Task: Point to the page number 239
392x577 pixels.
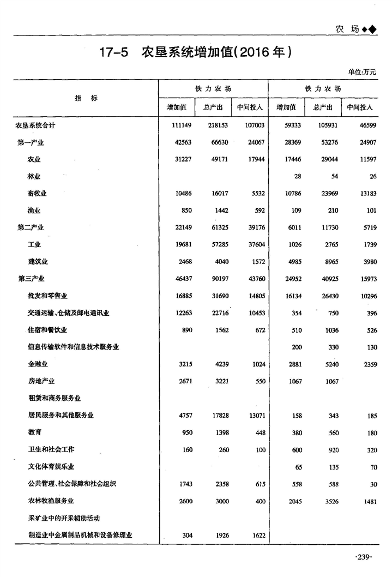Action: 363,557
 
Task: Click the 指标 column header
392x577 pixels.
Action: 86,98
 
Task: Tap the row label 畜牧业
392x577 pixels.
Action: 37,194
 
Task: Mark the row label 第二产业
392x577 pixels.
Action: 31,227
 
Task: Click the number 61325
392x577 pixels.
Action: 219,227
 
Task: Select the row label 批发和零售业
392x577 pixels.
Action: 47,296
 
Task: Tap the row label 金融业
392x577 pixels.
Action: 37,364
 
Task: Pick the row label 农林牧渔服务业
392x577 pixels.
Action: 51,501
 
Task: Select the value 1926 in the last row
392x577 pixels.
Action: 220,536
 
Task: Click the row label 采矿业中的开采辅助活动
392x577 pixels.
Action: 64,518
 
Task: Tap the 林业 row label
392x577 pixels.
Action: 34,177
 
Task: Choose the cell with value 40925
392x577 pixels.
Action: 328,279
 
